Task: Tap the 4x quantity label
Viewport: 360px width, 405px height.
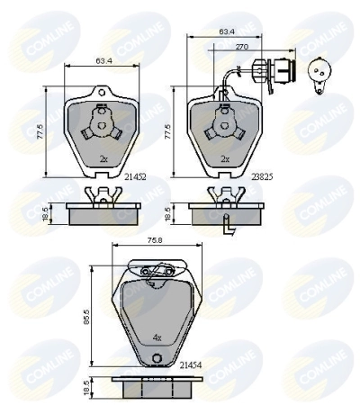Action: [x=157, y=338]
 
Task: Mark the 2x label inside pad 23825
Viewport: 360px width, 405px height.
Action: [x=226, y=157]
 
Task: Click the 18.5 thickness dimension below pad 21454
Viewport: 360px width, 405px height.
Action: [x=85, y=388]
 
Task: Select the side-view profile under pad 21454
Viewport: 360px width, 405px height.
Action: [x=155, y=386]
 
